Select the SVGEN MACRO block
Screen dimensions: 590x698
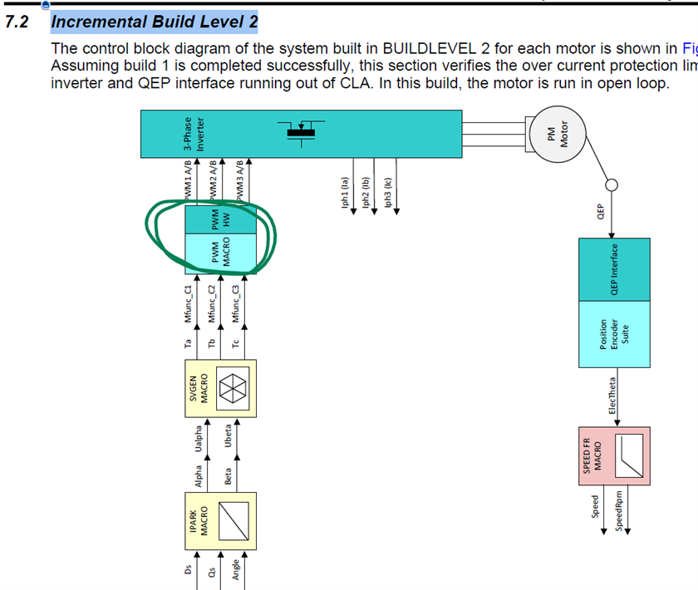pyautogui.click(x=219, y=388)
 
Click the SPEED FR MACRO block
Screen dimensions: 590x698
pyautogui.click(x=614, y=457)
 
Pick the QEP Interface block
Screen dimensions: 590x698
pyautogui.click(x=614, y=269)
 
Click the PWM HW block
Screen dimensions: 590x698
pyautogui.click(x=219, y=221)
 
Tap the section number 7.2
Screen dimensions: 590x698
pyautogui.click(x=17, y=22)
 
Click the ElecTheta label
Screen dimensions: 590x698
pyautogui.click(x=613, y=396)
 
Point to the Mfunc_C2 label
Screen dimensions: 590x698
pyautogui.click(x=213, y=302)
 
